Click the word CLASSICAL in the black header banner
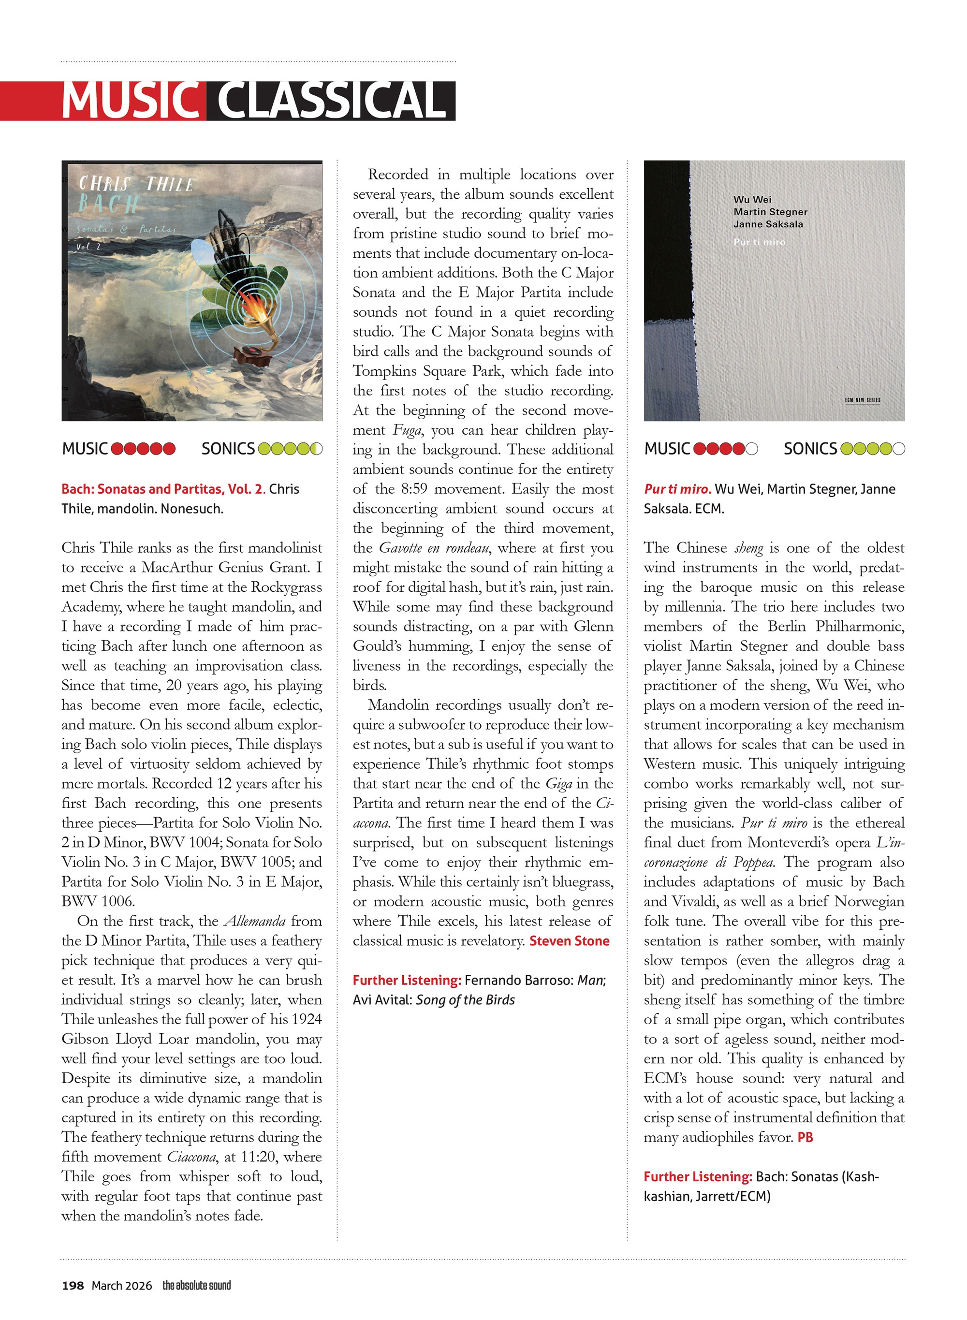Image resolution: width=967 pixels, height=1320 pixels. point(331,101)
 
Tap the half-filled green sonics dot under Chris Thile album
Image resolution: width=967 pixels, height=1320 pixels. point(316,449)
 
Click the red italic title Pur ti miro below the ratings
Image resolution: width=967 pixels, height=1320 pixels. point(677,489)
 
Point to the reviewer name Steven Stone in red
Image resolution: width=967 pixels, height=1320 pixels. point(569,941)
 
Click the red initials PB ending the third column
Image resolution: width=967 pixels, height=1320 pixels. point(805,1138)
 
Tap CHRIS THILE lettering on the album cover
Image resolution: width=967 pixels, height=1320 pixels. point(136,184)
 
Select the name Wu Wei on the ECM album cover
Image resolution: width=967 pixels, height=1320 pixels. point(752,200)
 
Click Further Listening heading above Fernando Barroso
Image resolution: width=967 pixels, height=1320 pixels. point(407,981)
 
